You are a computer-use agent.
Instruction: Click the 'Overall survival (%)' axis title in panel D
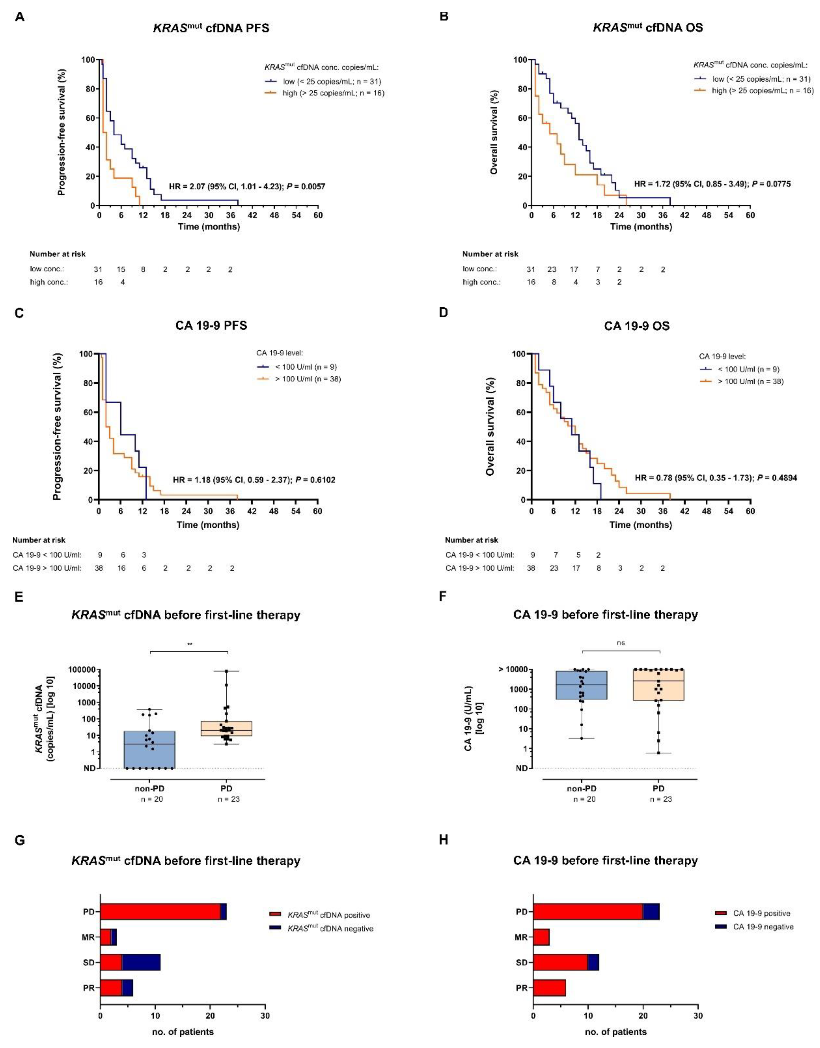pos(490,426)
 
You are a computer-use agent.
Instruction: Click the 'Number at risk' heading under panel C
pos(39,540)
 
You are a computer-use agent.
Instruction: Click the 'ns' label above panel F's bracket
pos(621,643)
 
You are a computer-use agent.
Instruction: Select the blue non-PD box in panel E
pos(149,749)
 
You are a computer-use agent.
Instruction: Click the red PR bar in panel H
pos(549,988)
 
